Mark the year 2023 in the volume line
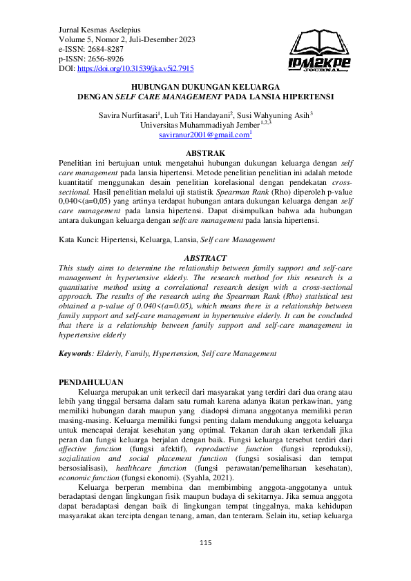(182, 40)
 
